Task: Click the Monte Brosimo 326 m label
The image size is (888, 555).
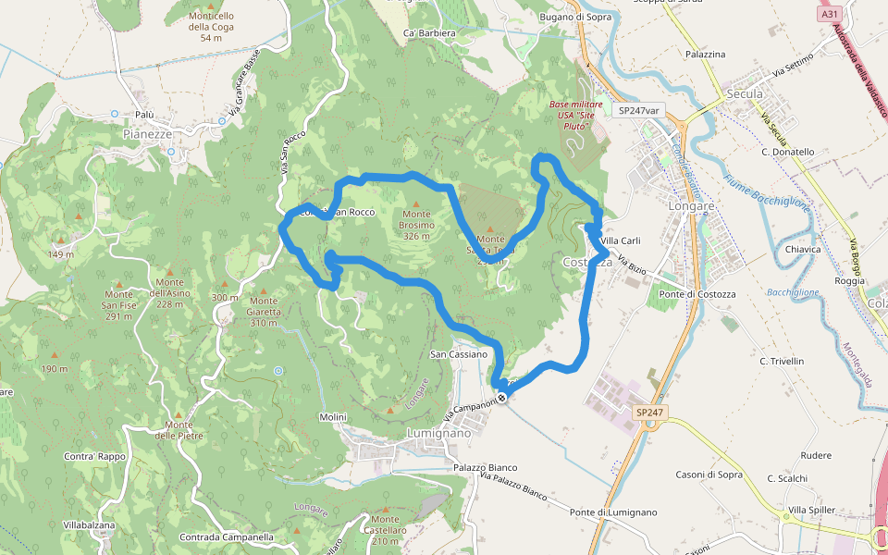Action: (417, 225)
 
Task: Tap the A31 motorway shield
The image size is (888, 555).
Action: (829, 15)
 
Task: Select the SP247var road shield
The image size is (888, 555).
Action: (638, 110)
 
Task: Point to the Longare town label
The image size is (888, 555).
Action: (685, 205)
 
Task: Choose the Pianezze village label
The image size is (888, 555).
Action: (148, 134)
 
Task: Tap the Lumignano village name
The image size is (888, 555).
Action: (439, 433)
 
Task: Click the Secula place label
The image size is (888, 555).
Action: (745, 94)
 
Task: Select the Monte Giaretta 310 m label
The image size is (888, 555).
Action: (264, 311)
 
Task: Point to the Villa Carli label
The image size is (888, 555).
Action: (620, 240)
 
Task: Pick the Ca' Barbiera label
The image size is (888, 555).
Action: (430, 33)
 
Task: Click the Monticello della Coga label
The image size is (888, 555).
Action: (211, 27)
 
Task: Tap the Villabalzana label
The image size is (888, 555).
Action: (89, 525)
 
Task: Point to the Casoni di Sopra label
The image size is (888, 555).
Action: (709, 475)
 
